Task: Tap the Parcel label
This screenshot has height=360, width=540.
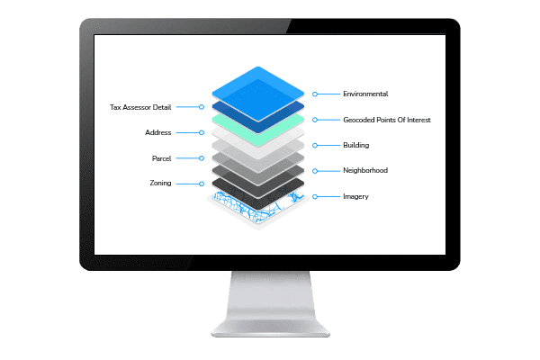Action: point(162,158)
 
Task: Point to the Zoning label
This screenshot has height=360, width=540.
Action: point(160,184)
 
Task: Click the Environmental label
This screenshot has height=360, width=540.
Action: point(364,94)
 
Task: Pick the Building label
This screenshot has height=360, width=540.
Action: point(356,145)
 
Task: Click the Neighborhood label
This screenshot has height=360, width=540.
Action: point(365,170)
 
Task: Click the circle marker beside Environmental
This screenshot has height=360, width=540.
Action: point(314,94)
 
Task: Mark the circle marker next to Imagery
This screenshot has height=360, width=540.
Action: point(314,195)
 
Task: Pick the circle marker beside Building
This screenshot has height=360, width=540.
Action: point(314,145)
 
